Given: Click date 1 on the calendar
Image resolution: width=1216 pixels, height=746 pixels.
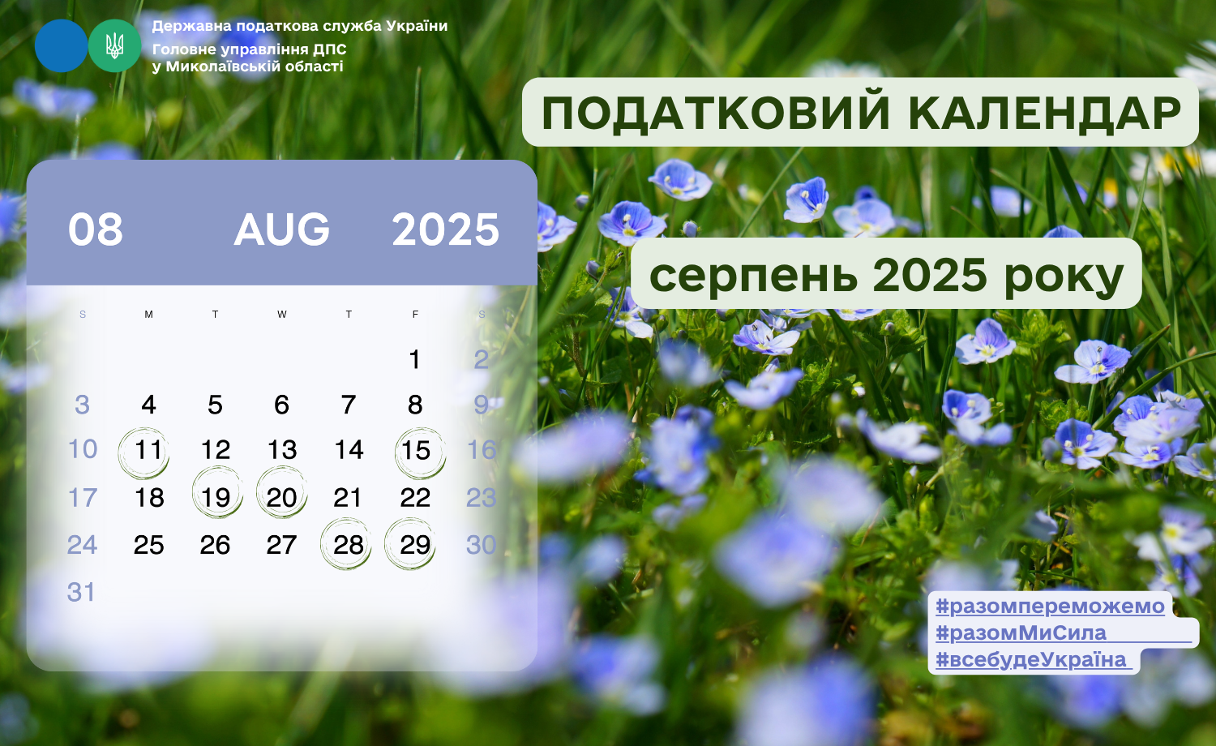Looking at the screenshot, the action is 415,359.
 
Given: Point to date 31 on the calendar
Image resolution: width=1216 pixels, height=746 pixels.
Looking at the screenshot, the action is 81,592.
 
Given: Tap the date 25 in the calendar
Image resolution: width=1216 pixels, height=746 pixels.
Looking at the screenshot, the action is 148,545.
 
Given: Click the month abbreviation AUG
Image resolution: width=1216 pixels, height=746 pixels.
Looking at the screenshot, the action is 282,229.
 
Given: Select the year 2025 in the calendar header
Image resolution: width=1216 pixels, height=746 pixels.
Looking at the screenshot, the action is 445,229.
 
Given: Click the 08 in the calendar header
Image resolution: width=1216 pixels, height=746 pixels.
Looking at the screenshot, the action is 96,229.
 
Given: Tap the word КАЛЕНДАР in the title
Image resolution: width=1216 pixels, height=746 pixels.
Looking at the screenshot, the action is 1045,113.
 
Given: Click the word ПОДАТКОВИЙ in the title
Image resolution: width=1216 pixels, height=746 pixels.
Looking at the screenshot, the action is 716,113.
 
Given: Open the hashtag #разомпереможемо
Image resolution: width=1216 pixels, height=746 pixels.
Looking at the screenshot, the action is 1050,606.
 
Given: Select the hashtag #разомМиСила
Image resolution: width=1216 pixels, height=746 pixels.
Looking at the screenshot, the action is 1021,633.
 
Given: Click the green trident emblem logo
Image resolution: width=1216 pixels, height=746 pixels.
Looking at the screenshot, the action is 114,45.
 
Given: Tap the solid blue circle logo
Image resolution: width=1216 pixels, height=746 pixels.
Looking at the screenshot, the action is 62,45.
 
